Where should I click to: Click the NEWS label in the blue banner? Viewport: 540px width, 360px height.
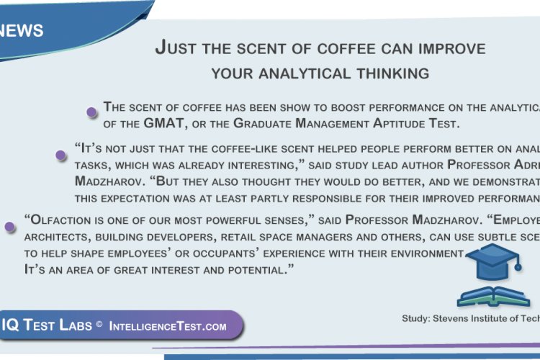pos(22,31)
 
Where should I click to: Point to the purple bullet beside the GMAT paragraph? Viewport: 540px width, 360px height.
pos(91,112)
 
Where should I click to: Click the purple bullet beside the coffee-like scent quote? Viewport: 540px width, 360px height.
pos(61,155)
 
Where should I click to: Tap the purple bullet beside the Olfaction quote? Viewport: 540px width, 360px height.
pos(10,227)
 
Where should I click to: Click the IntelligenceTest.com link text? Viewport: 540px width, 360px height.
pos(167,326)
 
